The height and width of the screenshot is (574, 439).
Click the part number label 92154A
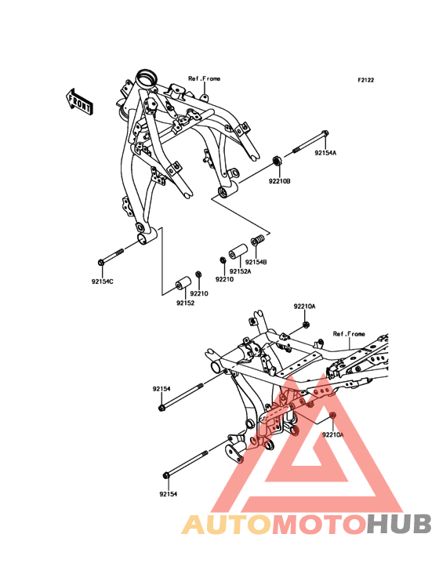pyautogui.click(x=325, y=154)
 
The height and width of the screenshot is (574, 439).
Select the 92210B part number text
pyautogui.click(x=280, y=181)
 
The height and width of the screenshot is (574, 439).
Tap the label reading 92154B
pyautogui.click(x=256, y=262)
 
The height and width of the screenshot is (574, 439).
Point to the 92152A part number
pyautogui.click(x=241, y=271)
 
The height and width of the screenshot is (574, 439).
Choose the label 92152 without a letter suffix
pyautogui.click(x=186, y=303)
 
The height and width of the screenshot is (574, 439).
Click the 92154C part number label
pyautogui.click(x=103, y=282)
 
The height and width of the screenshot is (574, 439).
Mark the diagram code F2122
pyautogui.click(x=366, y=80)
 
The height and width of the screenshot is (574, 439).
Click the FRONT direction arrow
pyautogui.click(x=79, y=101)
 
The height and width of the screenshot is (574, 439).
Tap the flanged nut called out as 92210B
pyautogui.click(x=278, y=161)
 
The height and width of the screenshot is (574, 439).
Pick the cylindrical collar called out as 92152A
pyautogui.click(x=238, y=252)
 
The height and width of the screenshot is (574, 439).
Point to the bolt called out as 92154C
pyautogui.click(x=111, y=256)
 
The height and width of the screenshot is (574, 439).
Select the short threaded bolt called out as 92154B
pyautogui.click(x=258, y=240)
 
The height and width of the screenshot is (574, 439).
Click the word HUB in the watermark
pyautogui.click(x=400, y=524)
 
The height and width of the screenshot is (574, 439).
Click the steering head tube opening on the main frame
pyautogui.click(x=147, y=78)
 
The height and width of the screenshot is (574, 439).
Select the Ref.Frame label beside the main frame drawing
pyautogui.click(x=204, y=78)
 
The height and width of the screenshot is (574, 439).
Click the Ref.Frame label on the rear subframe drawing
pyautogui.click(x=349, y=334)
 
